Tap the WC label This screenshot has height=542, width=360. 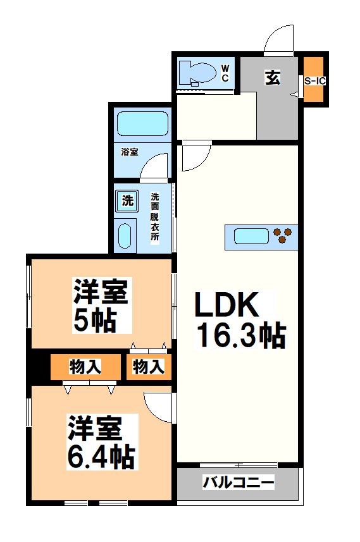[225, 74]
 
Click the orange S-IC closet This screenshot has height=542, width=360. [314, 80]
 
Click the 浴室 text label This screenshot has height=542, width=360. [130, 152]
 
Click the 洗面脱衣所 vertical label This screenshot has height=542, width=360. [155, 216]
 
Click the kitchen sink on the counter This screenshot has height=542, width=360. [251, 237]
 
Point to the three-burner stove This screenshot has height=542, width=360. [283, 236]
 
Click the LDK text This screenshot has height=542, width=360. [226, 307]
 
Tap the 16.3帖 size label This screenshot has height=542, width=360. [240, 335]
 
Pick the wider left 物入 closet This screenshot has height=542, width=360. [85, 366]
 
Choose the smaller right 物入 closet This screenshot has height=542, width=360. [149, 366]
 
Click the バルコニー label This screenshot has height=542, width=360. [239, 484]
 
